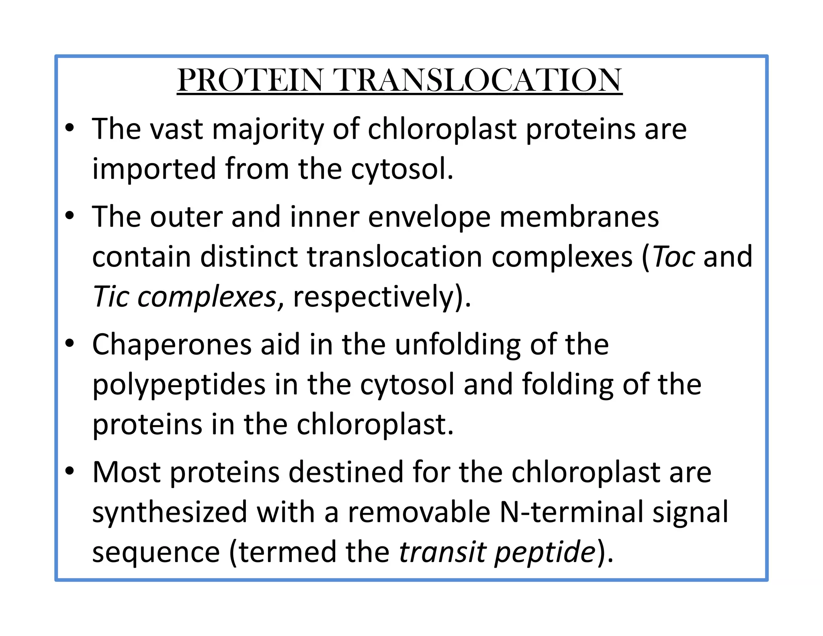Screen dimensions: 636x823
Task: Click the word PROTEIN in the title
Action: coord(250,80)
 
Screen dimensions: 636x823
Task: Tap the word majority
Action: coord(268,129)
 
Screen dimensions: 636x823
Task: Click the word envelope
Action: coord(429,217)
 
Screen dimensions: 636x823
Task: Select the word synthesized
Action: coord(170,512)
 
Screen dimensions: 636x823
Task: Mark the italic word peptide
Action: coord(545,553)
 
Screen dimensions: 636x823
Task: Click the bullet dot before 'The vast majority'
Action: coord(70,129)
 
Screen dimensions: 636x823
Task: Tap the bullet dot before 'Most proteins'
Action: coord(70,472)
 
